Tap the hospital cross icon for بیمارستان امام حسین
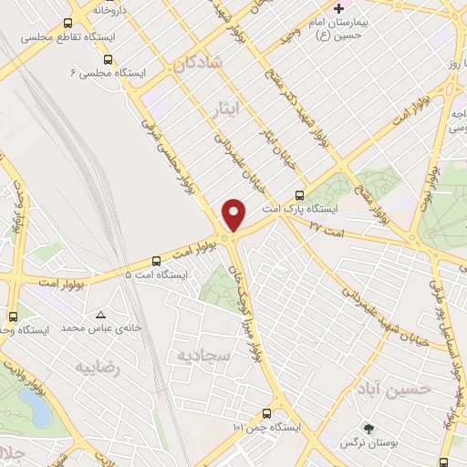pyautogui.click(x=338, y=7)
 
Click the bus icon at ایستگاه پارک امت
pyautogui.click(x=300, y=195)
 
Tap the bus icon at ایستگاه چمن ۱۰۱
pyautogui.click(x=266, y=412)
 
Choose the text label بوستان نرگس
pyautogui.click(x=360, y=444)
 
